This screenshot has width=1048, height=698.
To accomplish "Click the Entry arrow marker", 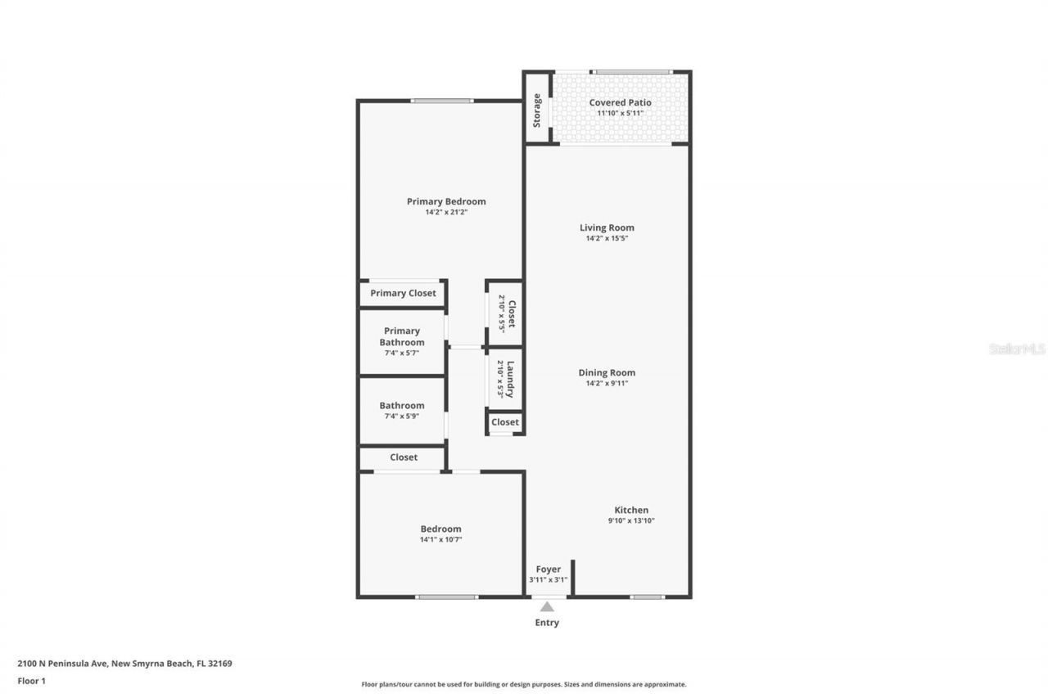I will pos(547,606).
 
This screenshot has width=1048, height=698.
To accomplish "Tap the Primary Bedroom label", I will pos(446,201).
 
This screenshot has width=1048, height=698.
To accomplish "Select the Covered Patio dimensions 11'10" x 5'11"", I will pos(620,113).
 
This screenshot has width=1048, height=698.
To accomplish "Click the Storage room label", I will pos(537,110).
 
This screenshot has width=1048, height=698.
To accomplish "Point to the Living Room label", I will pos(607,227).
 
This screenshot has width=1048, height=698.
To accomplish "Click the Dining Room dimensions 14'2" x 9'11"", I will pos(607,383).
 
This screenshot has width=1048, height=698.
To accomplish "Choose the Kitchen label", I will pos(631,510).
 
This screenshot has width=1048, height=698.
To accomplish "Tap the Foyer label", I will pos(548,569).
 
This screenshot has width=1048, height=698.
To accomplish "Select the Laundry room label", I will pos(510,379).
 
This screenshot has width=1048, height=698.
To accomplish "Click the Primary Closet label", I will pos(403,293).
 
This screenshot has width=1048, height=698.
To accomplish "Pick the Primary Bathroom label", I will pos(402,336).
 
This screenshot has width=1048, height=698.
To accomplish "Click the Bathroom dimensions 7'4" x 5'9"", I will pos(402,417).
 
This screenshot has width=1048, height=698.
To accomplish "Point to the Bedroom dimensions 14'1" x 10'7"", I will pos(440,540).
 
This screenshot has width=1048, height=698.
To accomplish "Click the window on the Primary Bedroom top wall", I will pos(442,101).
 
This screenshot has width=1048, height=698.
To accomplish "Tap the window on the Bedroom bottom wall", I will pos(446,597).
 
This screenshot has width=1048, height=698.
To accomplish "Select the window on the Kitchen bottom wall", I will pos(647,597).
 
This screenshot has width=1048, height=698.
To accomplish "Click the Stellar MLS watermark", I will pos(1017,349).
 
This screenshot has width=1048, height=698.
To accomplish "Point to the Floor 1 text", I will pos(32,680).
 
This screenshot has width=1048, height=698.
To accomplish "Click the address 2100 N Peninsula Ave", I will pos(124,664).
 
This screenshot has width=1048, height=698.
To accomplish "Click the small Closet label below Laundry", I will pos(505,422).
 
